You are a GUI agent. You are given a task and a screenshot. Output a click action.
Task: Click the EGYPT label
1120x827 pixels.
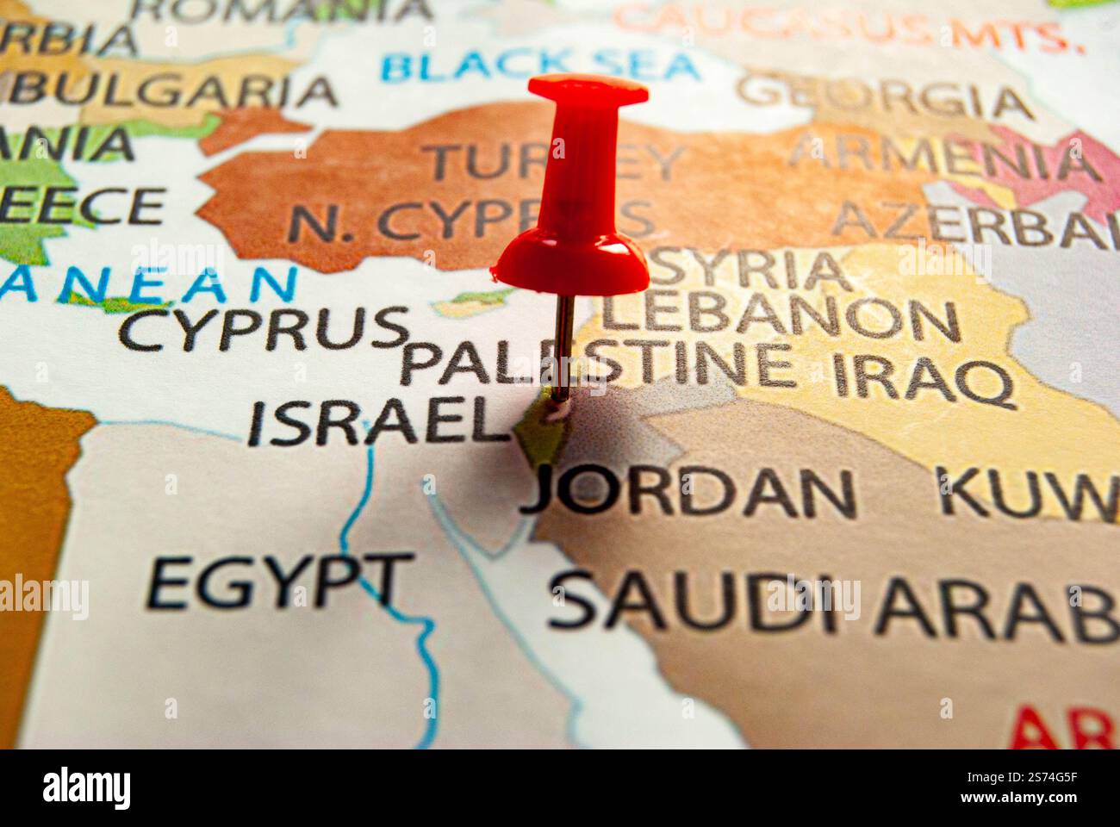click(x=277, y=584)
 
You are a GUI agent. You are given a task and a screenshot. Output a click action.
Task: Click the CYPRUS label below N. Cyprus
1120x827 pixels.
click(x=263, y=327)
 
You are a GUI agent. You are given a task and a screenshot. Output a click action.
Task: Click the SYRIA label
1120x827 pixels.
click(x=750, y=270)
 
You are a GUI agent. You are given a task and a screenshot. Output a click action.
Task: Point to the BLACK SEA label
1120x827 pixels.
click(x=540, y=65)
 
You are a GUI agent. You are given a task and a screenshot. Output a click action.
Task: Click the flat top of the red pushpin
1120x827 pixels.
click(x=588, y=87)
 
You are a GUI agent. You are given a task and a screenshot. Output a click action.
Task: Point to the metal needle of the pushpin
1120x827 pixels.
click(x=563, y=345)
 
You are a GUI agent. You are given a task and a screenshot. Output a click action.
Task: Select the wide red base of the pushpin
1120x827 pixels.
click(x=572, y=263)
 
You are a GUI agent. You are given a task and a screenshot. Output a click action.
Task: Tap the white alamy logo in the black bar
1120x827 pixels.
click(x=87, y=787)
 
